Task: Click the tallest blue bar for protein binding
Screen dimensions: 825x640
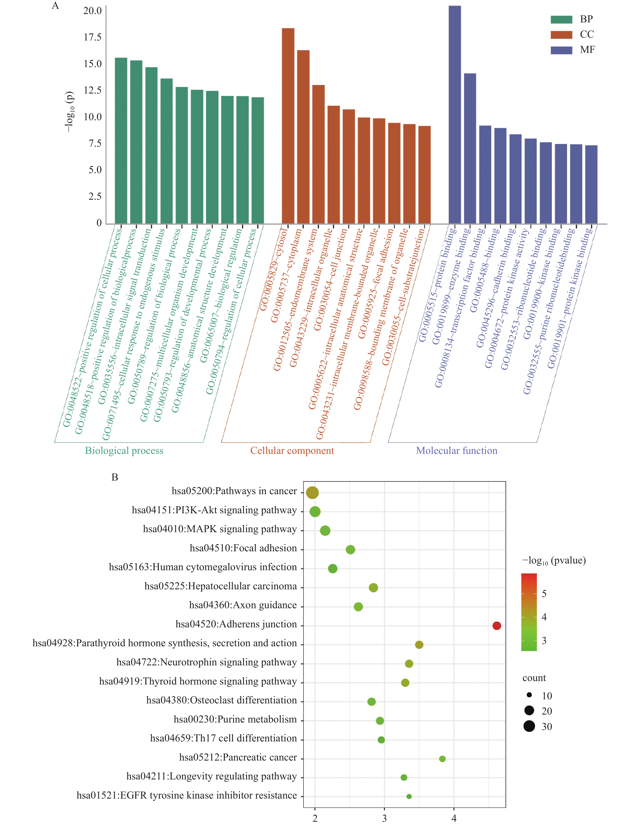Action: (455, 113)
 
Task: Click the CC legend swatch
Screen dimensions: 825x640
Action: (561, 35)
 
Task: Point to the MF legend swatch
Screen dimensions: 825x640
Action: (561, 50)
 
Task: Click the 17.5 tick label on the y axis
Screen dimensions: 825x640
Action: (92, 37)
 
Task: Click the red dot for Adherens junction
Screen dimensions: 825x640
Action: (497, 626)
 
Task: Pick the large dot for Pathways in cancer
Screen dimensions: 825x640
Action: (312, 493)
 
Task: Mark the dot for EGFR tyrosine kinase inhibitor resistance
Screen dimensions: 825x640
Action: (409, 796)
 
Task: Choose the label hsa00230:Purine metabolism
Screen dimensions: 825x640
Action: (235, 719)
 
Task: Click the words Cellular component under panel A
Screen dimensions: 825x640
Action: (292, 451)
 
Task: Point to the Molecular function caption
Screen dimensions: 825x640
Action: (457, 451)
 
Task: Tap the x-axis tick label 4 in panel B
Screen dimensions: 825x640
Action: (454, 818)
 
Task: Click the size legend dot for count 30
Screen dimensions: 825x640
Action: (529, 726)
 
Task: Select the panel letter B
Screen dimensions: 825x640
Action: (115, 477)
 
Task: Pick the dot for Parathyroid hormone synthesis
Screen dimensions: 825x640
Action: (419, 644)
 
